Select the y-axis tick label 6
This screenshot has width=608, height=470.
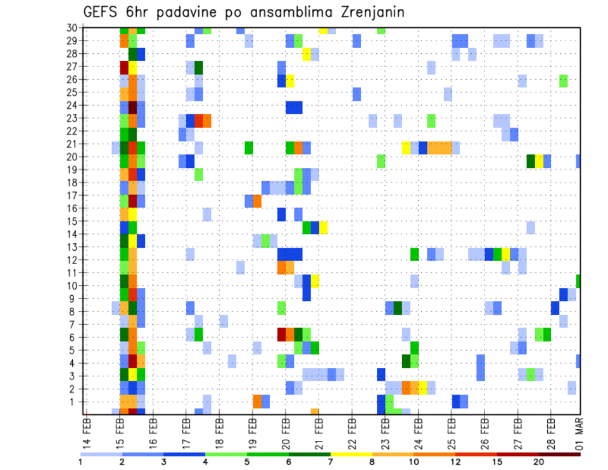click(x=74, y=337)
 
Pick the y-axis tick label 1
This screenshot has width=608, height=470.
click(x=74, y=402)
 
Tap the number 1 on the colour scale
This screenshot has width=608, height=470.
click(x=81, y=462)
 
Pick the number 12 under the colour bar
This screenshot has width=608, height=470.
click(x=456, y=462)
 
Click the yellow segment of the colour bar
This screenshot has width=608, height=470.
click(x=351, y=454)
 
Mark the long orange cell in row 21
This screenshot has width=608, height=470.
click(x=440, y=148)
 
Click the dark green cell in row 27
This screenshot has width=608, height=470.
click(x=199, y=67)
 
